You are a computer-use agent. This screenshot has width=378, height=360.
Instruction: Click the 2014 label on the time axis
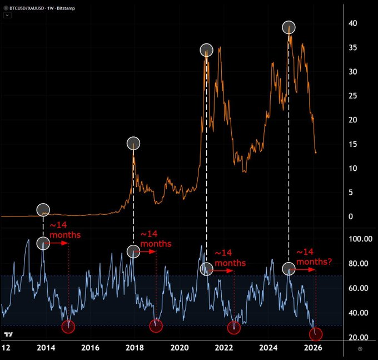[x=46, y=348]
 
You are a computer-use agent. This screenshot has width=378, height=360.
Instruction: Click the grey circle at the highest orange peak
[x=289, y=27]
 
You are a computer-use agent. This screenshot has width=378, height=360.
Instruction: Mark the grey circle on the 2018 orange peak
[x=133, y=143]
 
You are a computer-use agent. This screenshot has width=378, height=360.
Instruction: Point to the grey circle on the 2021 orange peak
[x=207, y=50]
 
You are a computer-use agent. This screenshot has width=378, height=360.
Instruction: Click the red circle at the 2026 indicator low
[x=316, y=334]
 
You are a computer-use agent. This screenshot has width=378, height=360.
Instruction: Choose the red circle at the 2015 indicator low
[x=68, y=327]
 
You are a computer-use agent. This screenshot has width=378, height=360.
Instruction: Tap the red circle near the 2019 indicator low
[x=156, y=326]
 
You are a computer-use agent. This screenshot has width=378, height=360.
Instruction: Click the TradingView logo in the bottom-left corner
[x=8, y=334]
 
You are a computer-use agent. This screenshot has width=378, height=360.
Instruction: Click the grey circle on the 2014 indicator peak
[x=43, y=244]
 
